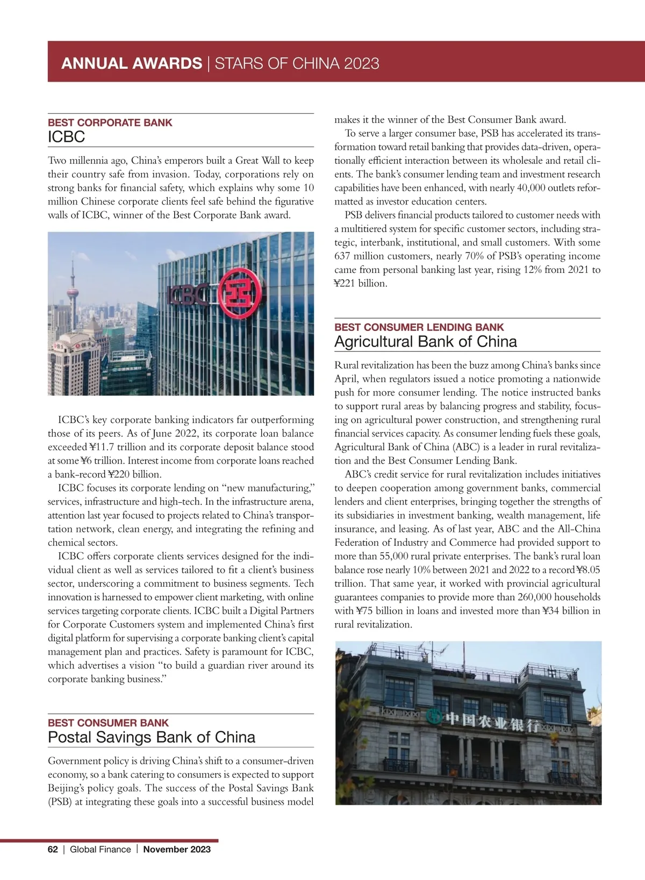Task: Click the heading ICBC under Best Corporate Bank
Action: [67, 137]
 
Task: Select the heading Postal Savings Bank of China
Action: [152, 737]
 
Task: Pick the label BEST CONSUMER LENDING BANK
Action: [419, 327]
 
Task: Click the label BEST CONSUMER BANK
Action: [109, 723]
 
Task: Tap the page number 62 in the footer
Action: [53, 849]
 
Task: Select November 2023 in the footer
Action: [177, 849]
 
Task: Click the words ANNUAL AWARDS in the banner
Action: [132, 63]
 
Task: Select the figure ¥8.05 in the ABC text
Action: [588, 570]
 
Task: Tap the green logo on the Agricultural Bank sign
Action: [433, 717]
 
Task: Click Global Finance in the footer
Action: [101, 849]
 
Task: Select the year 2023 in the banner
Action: [362, 63]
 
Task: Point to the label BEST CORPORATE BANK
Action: [110, 122]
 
